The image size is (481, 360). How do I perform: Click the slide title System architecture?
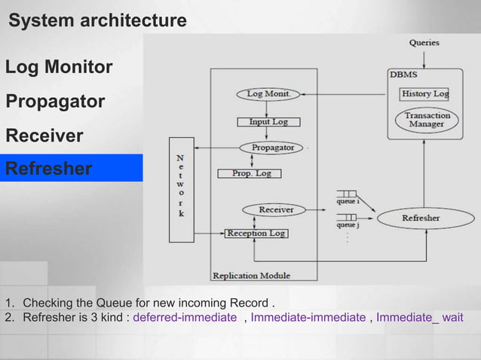pyautogui.click(x=97, y=21)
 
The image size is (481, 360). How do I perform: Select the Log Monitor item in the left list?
pyautogui.click(x=59, y=68)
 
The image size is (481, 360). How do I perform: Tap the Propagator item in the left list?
pyautogui.click(x=55, y=102)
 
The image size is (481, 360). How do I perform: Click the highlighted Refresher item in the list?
pyautogui.click(x=49, y=168)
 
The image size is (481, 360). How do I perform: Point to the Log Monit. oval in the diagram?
pyautogui.click(x=268, y=94)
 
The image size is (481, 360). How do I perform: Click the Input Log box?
pyautogui.click(x=268, y=121)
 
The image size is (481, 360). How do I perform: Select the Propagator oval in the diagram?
pyautogui.click(x=271, y=148)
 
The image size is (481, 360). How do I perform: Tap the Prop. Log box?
pyautogui.click(x=249, y=173)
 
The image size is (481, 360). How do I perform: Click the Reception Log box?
pyautogui.click(x=256, y=233)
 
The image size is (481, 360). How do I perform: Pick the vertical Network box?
pyautogui.click(x=180, y=190)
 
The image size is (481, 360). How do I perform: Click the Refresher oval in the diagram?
pyautogui.click(x=421, y=218)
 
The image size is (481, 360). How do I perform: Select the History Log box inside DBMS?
pyautogui.click(x=424, y=94)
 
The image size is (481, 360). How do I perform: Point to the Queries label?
pyautogui.click(x=425, y=43)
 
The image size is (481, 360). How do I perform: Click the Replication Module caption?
pyautogui.click(x=251, y=276)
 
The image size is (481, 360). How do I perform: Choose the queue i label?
pyautogui.click(x=348, y=203)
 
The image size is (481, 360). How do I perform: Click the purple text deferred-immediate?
pyautogui.click(x=185, y=318)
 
